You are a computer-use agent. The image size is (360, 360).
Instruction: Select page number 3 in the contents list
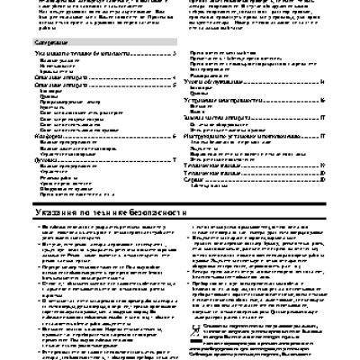172,55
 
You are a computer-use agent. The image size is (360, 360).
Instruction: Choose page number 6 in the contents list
172,136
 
